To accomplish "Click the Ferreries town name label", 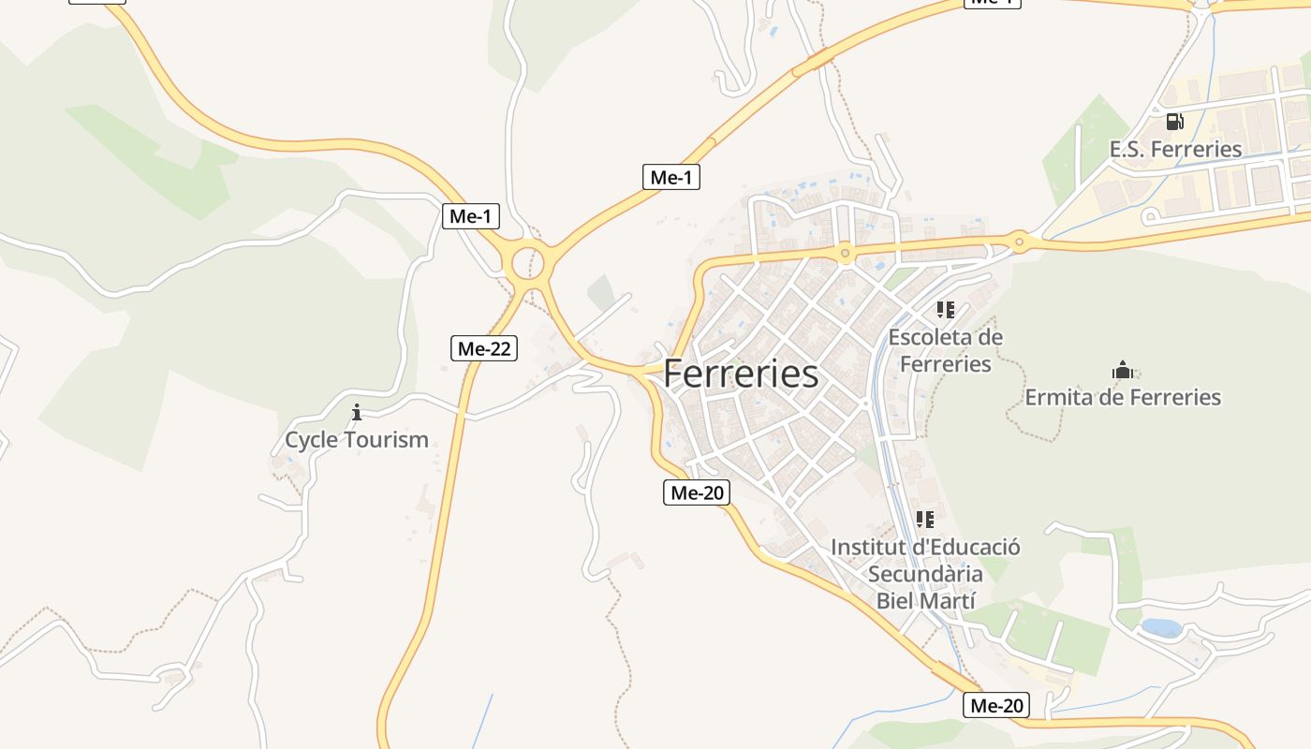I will (741, 374).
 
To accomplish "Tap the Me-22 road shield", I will (483, 348).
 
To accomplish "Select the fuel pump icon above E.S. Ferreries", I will (1174, 122).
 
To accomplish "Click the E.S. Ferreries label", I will (1175, 149).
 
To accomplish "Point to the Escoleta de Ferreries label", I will (945, 350).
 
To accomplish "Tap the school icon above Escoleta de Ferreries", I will (945, 309).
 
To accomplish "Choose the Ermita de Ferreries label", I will (1122, 397).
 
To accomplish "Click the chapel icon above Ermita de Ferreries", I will (1122, 370).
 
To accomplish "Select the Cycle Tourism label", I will (356, 439).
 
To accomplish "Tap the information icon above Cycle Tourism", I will (356, 412).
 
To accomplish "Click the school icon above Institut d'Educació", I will (925, 519).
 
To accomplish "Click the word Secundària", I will (925, 574).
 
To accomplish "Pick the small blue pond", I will (1161, 627).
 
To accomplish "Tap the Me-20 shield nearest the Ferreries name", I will (696, 492).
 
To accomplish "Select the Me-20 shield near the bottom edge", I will (995, 705).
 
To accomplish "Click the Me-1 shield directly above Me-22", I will (470, 216).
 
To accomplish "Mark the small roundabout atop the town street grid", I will (845, 253).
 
